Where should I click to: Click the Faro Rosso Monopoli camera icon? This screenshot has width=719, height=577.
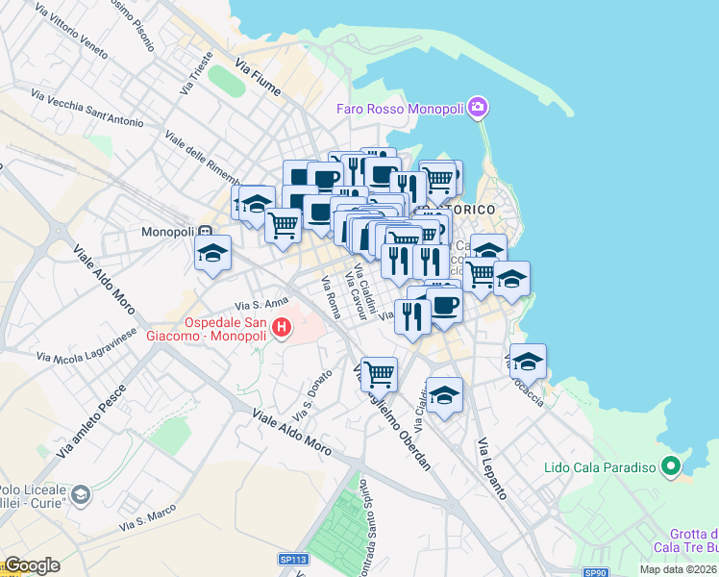coord(480,107)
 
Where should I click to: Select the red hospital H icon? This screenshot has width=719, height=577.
coord(282,328)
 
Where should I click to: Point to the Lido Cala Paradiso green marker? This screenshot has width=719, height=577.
coord(671,468)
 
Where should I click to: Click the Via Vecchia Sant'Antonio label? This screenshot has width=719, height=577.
coord(87,109)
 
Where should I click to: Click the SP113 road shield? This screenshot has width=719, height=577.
coord(293,559)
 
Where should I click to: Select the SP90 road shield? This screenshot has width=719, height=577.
coord(597,573)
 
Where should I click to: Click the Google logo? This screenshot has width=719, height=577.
coord(32,565)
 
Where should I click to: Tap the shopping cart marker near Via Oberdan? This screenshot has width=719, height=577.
coord(379,372)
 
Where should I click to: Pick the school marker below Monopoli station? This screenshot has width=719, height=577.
coord(212,254)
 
